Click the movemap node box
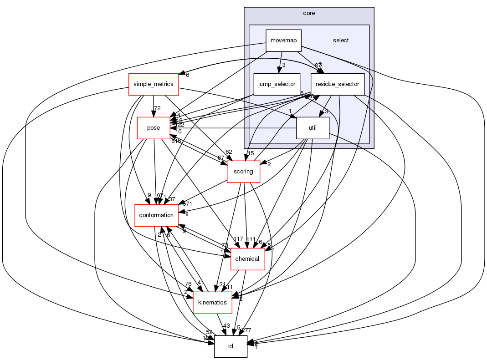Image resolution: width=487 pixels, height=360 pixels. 283,41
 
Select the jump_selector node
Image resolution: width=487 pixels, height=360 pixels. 277,84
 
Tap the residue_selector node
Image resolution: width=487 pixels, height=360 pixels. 338,84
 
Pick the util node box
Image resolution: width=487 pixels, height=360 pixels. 313,128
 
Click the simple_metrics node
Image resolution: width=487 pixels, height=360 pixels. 154,84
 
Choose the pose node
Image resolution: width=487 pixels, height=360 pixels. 154,128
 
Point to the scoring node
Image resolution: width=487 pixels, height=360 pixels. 243,172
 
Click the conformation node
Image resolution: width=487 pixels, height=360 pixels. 156,215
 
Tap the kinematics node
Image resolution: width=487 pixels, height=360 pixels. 213,303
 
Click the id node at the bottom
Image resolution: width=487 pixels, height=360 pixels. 231,346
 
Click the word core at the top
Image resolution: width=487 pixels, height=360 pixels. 309,13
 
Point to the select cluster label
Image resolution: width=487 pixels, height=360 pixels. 341,41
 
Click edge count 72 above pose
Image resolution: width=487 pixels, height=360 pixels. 158,108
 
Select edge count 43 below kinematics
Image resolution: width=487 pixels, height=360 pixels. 226,326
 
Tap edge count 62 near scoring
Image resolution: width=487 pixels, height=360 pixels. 229,152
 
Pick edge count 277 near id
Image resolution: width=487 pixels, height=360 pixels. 247,330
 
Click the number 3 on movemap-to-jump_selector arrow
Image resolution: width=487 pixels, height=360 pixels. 283,65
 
